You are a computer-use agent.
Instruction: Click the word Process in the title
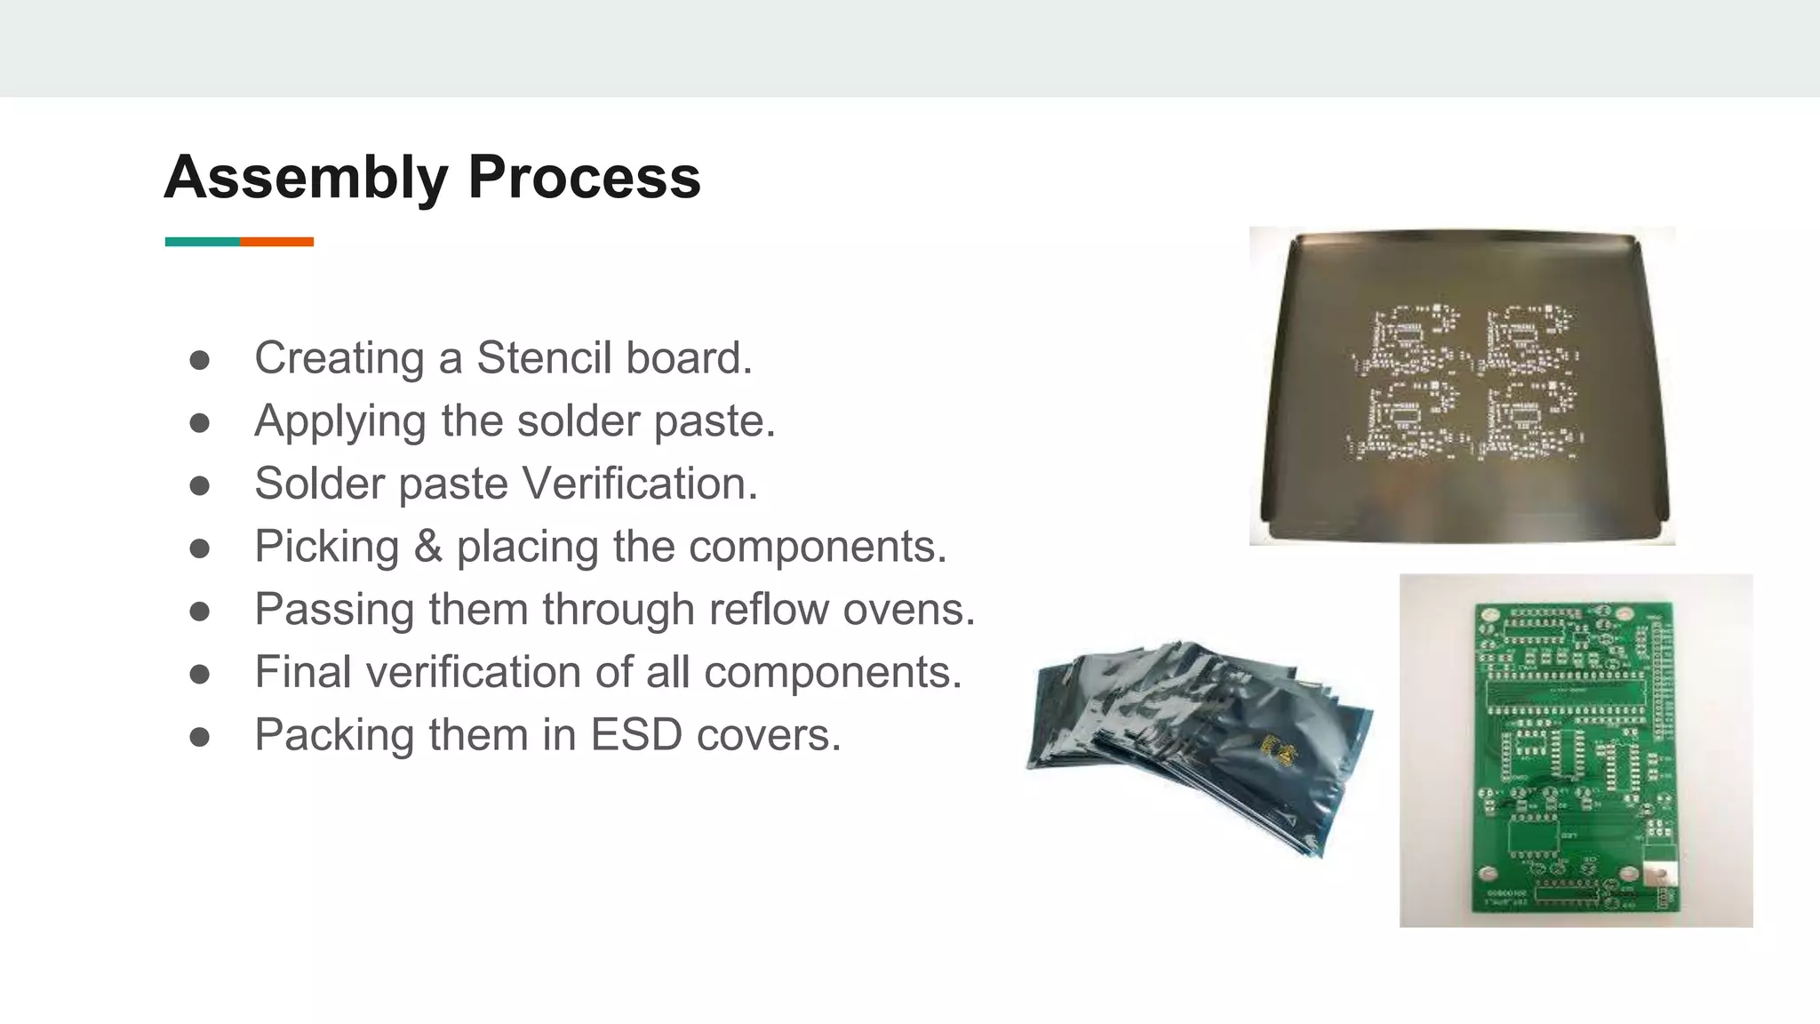click(584, 178)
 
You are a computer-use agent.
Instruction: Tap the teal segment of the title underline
click(202, 242)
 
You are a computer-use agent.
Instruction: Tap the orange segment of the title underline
click(276, 242)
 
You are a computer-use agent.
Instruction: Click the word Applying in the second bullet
click(339, 421)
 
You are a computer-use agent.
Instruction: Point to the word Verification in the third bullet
click(639, 484)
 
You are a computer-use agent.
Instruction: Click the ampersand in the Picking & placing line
click(427, 547)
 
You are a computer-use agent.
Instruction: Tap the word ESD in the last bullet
click(636, 735)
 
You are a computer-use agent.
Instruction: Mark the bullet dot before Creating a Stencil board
click(200, 360)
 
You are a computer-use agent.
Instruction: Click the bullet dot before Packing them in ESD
click(200, 737)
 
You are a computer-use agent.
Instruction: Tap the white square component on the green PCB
click(1656, 870)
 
